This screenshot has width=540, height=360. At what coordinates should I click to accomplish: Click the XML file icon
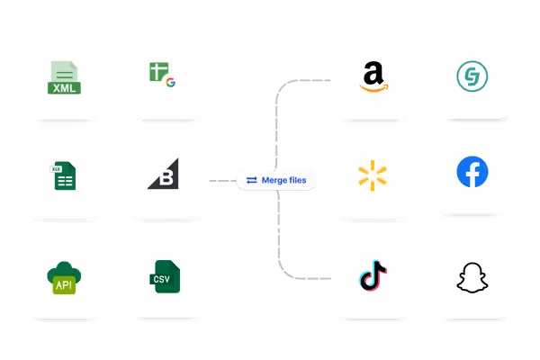pos(65,76)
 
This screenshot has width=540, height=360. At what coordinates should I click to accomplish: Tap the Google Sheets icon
pos(162,74)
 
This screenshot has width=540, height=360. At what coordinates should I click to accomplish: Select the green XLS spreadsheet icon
pos(63,175)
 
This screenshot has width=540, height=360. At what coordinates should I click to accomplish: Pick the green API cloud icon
pos(64,277)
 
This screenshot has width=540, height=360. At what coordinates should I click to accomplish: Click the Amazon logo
pos(372,76)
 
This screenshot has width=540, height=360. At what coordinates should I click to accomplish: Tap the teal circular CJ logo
pos(471,76)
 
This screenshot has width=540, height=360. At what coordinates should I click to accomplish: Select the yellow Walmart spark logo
pos(372,175)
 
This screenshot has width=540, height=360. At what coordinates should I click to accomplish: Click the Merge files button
pos(276,180)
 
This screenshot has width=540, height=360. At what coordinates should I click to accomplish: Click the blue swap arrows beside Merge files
pos(252,180)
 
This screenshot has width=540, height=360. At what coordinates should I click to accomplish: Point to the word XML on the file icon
pos(65,87)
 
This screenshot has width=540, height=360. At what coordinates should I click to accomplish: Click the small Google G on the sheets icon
pos(169,82)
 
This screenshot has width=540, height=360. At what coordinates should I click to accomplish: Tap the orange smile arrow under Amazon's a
pos(372,87)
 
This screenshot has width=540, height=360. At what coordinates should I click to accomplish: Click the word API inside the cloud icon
pos(64,284)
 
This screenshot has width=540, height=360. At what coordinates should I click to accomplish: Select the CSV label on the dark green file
pos(163,279)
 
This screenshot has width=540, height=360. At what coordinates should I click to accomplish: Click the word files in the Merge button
pos(296,180)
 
